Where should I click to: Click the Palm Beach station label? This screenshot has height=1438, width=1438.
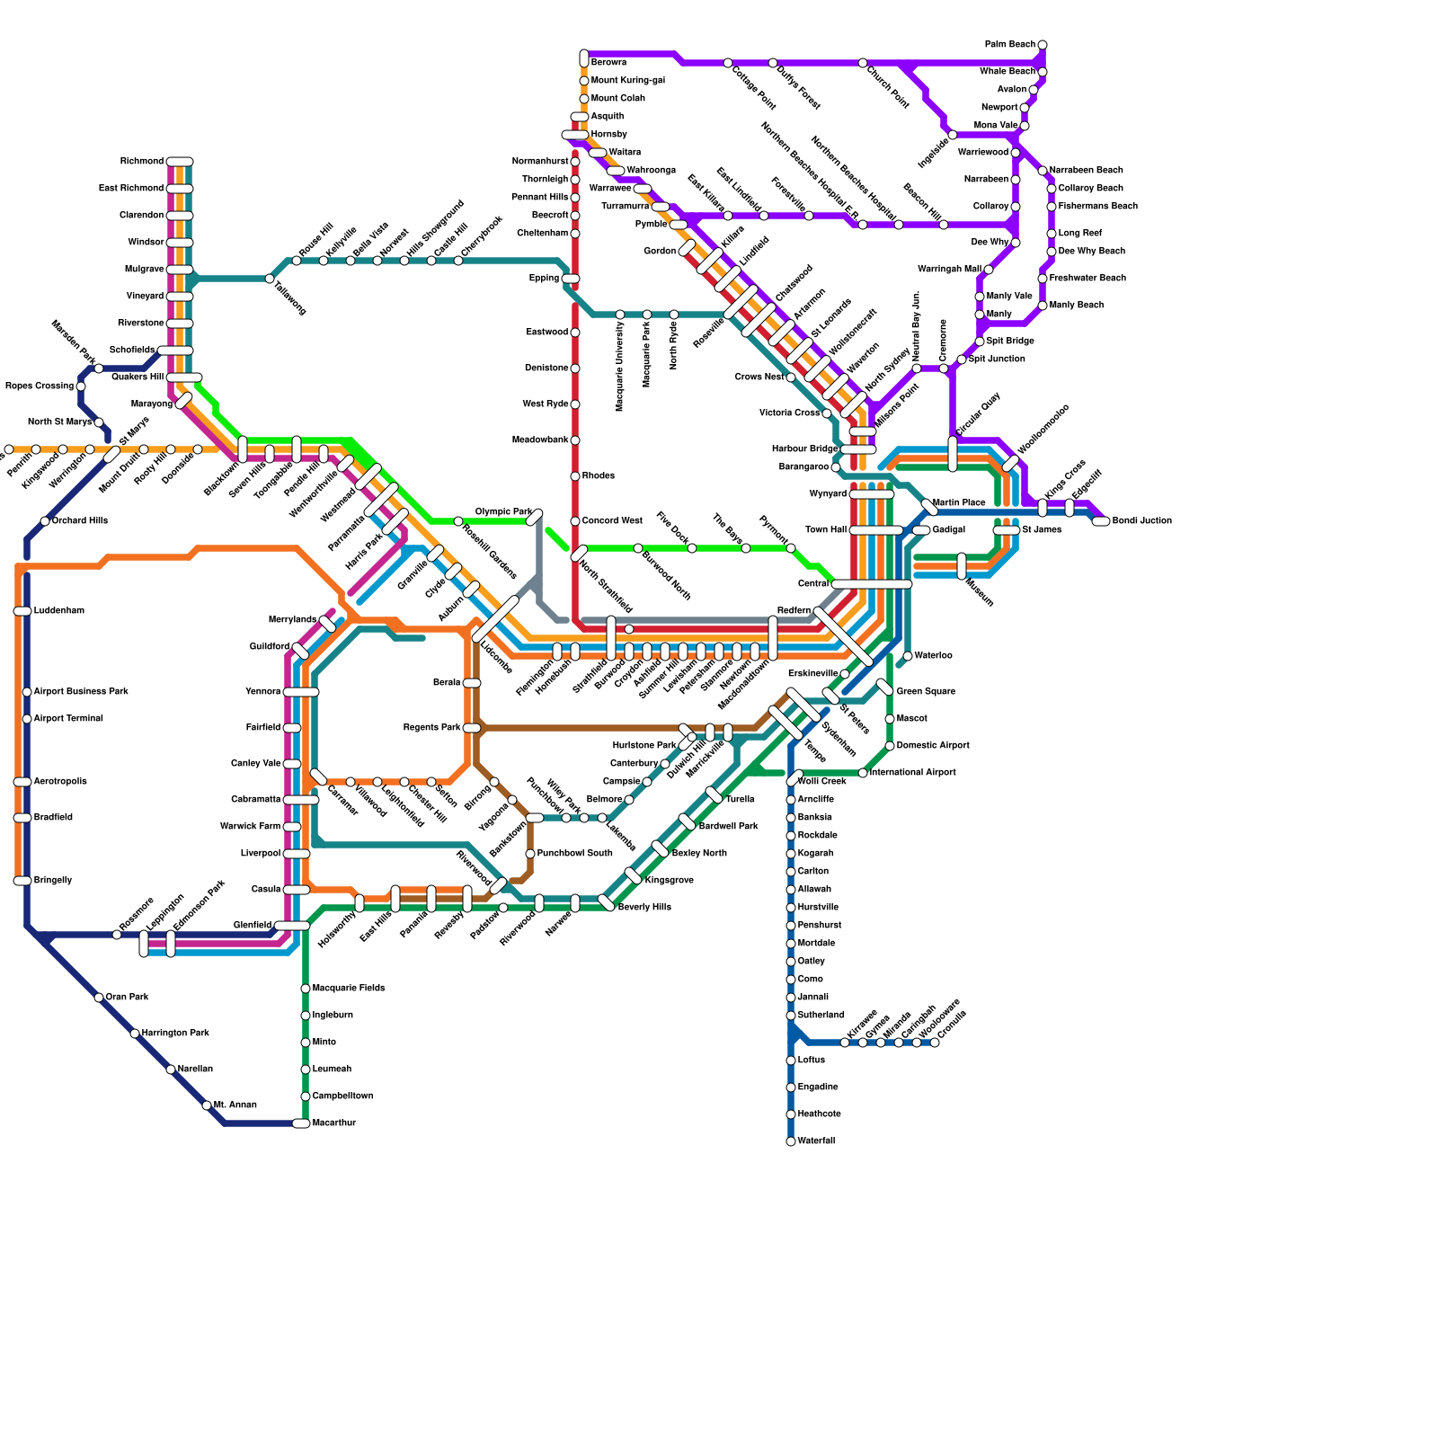[1009, 45]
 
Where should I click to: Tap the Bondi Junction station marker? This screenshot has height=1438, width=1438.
[1101, 521]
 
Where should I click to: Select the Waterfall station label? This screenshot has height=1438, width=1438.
[816, 1141]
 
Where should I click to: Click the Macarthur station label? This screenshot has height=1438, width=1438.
[333, 1123]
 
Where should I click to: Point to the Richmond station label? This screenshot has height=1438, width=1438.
[142, 162]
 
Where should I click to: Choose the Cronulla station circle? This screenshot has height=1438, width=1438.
[935, 1043]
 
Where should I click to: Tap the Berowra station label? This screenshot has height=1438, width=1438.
[608, 63]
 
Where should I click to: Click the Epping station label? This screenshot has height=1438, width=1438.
[544, 279]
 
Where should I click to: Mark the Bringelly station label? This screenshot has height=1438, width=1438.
[52, 881]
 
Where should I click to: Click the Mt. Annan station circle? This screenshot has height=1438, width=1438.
[207, 1105]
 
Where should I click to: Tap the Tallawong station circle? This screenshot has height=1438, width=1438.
[270, 279]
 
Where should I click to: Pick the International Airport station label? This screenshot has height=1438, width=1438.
[912, 773]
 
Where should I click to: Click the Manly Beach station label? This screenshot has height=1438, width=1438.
[1076, 306]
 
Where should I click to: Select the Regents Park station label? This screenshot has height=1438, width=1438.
[431, 728]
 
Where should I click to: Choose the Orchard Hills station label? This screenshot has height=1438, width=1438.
[79, 521]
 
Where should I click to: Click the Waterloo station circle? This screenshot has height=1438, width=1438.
[908, 656]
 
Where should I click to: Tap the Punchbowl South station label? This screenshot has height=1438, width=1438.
[574, 854]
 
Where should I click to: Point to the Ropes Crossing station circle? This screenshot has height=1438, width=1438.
[81, 386]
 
